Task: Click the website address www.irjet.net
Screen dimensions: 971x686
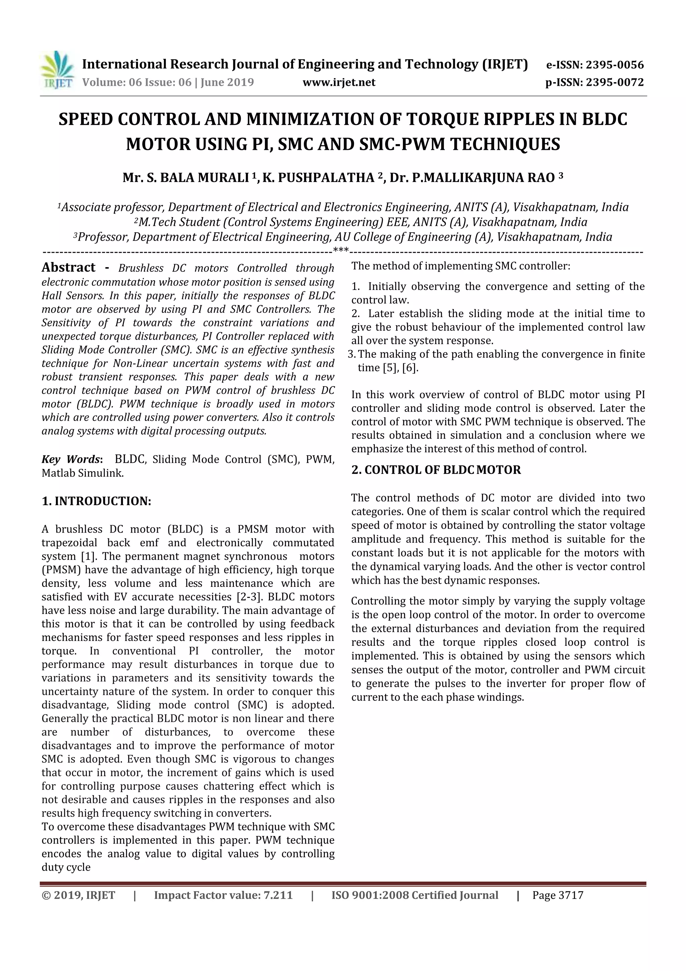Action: pos(339,82)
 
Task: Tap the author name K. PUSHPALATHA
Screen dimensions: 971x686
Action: pos(318,178)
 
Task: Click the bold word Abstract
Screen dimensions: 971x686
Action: pos(68,268)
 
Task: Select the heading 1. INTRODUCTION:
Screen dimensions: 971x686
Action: pos(96,501)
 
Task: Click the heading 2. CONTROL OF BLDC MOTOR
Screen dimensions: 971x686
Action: pos(436,470)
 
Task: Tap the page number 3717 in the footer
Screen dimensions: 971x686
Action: pos(571,895)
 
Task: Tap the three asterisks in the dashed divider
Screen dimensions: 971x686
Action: pos(341,251)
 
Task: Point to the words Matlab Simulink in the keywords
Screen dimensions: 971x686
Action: pos(82,473)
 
